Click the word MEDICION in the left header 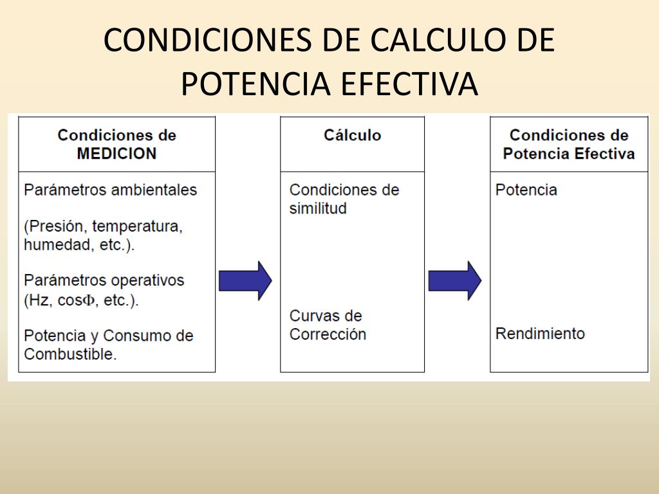116,153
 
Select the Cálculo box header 352,144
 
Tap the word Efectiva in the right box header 604,153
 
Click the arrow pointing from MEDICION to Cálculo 245,280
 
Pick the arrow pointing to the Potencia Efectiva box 455,280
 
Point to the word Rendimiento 540,334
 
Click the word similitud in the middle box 318,208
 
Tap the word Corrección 328,334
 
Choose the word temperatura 138,226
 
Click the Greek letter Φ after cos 88,300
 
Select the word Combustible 70,354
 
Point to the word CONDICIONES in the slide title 208,41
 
